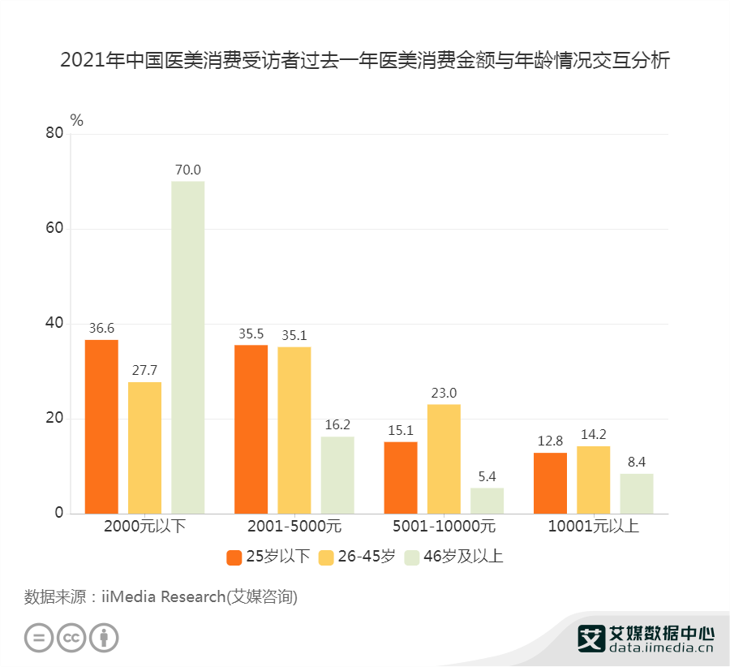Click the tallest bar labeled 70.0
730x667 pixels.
pos(187,347)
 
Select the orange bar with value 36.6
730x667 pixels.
pos(101,426)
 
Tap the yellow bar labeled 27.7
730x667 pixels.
pos(144,447)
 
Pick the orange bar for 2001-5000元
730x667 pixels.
pos(251,429)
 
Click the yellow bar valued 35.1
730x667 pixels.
pos(294,430)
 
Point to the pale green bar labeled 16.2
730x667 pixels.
pos(337,475)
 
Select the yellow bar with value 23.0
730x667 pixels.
pos(444,458)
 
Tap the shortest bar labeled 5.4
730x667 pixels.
pos(487,501)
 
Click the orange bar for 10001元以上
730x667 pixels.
pos(550,483)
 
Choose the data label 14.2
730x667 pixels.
pos(593,433)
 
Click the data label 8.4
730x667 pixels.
pos(636,461)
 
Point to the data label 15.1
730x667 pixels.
pos(401,429)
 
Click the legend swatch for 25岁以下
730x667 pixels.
pos(234,557)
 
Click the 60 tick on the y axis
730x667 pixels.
pos(54,229)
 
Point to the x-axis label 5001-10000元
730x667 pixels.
pos(444,526)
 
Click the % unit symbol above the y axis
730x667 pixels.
pos(77,120)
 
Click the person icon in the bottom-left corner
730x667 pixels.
pos(104,637)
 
